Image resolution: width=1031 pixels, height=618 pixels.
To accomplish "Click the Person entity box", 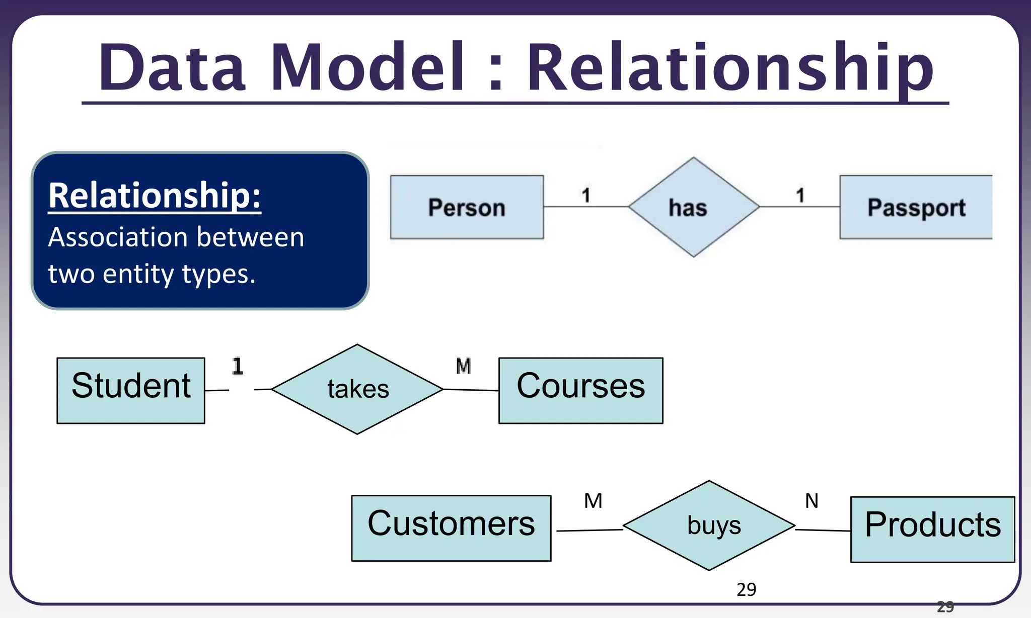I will [x=467, y=207].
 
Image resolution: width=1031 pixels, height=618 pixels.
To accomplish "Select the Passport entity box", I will [x=916, y=207].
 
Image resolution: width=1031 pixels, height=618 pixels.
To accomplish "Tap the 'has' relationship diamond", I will [x=693, y=207].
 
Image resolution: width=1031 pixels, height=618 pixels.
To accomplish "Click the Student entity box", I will [x=131, y=390].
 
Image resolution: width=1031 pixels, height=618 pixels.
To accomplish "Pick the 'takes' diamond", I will [x=357, y=389].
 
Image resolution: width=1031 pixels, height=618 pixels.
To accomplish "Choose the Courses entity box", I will [x=580, y=390].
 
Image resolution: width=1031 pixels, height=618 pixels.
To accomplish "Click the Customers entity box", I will [x=451, y=528].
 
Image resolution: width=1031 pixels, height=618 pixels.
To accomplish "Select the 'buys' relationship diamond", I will [x=709, y=525].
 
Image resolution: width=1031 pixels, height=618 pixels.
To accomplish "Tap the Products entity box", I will [x=932, y=529].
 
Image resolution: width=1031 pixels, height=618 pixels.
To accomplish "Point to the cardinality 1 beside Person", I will [x=586, y=195].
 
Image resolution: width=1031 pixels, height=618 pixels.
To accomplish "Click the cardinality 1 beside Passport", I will [x=800, y=195].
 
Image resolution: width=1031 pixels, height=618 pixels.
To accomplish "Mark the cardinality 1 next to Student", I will [x=238, y=366].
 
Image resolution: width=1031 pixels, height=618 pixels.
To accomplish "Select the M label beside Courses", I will [x=463, y=366].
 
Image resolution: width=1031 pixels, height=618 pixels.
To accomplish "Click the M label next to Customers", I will [x=593, y=501].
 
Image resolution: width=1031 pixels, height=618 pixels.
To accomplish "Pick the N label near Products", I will [x=812, y=501].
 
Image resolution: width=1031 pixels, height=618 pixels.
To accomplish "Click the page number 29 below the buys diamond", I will [x=746, y=589].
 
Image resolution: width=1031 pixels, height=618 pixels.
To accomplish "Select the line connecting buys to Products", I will [x=823, y=530].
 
